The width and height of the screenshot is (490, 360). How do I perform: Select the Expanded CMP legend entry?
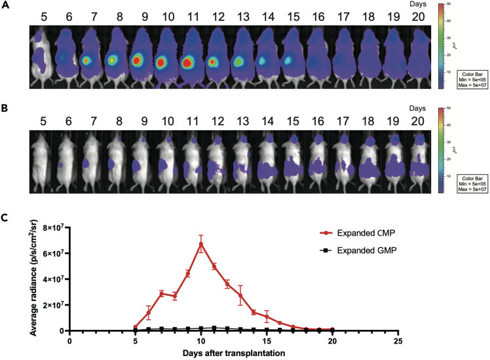pos(367,233)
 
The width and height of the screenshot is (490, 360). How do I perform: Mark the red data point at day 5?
pos(136,327)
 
